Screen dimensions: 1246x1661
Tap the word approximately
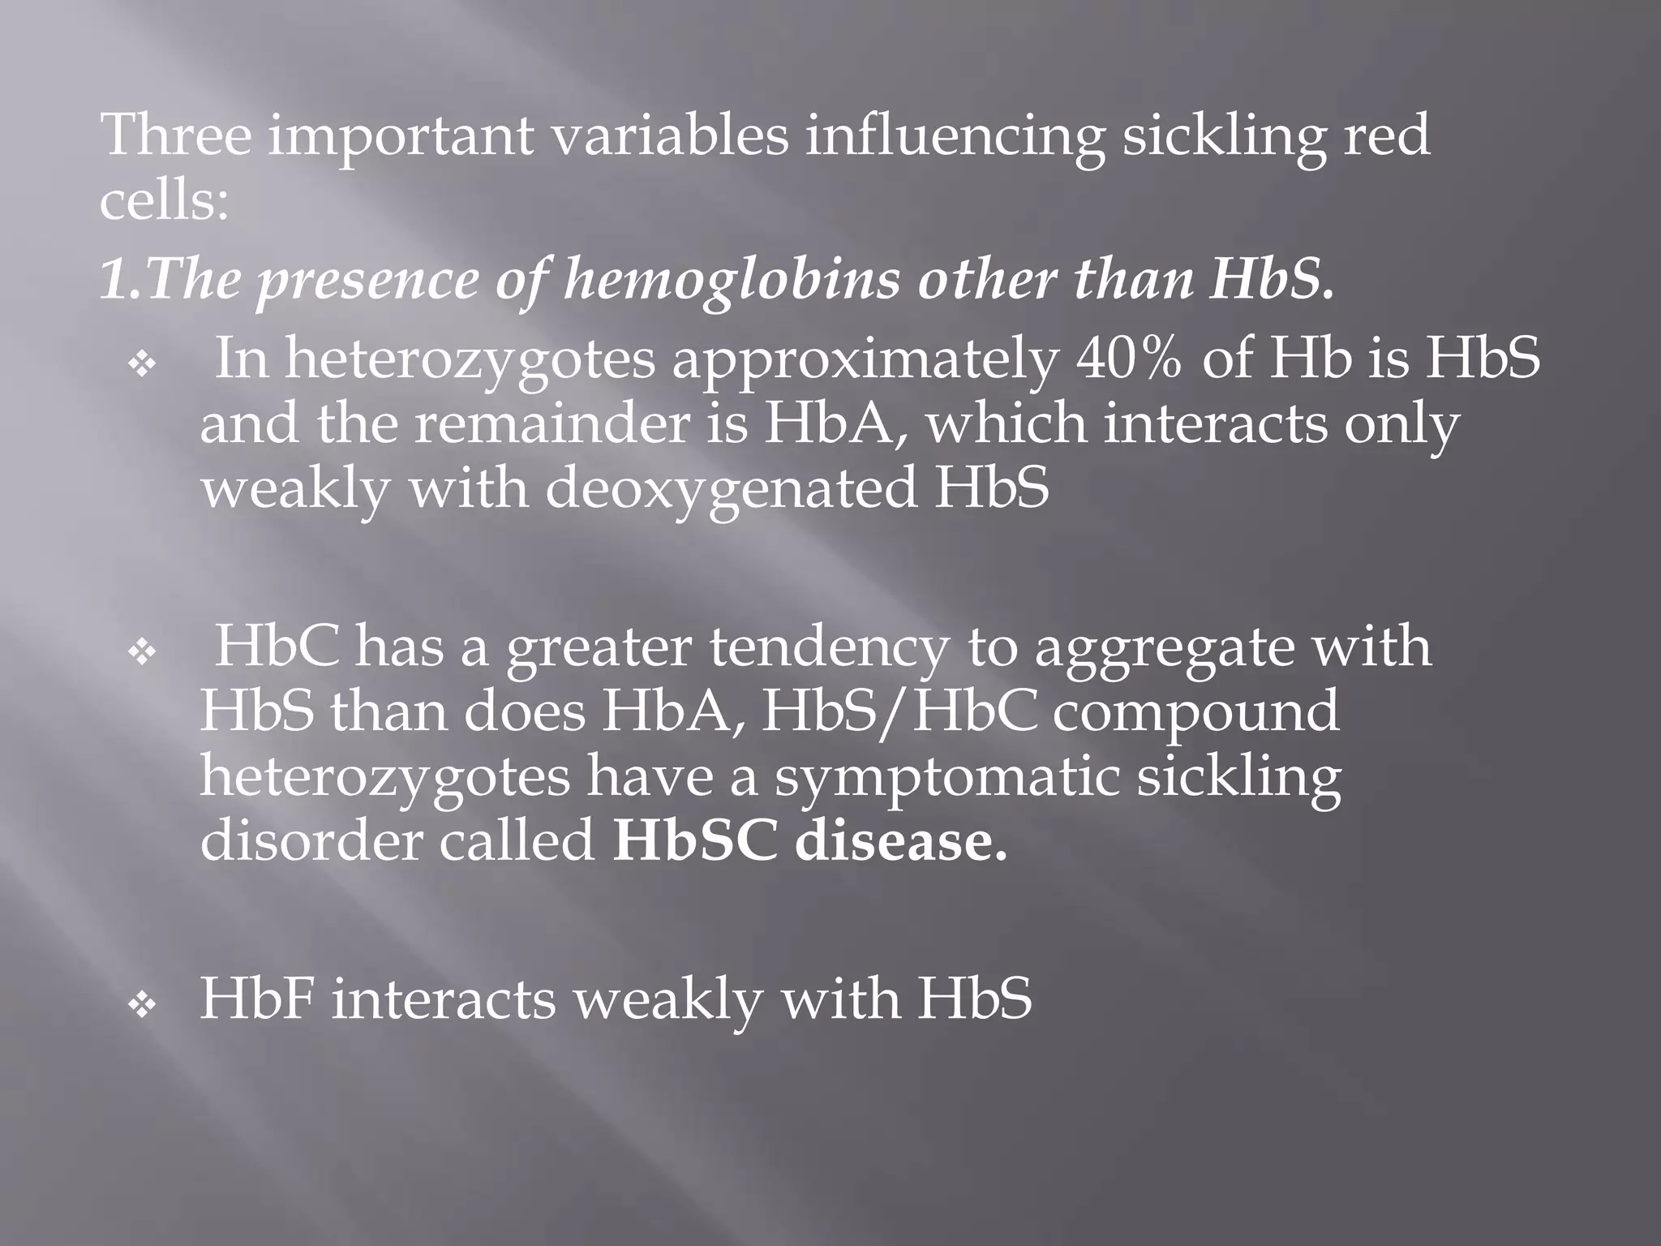coord(864,359)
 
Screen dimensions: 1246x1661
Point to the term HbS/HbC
coord(899,711)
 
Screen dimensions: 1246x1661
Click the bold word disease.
coord(900,841)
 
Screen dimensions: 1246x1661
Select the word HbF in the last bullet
coord(256,998)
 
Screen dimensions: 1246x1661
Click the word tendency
coord(828,647)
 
